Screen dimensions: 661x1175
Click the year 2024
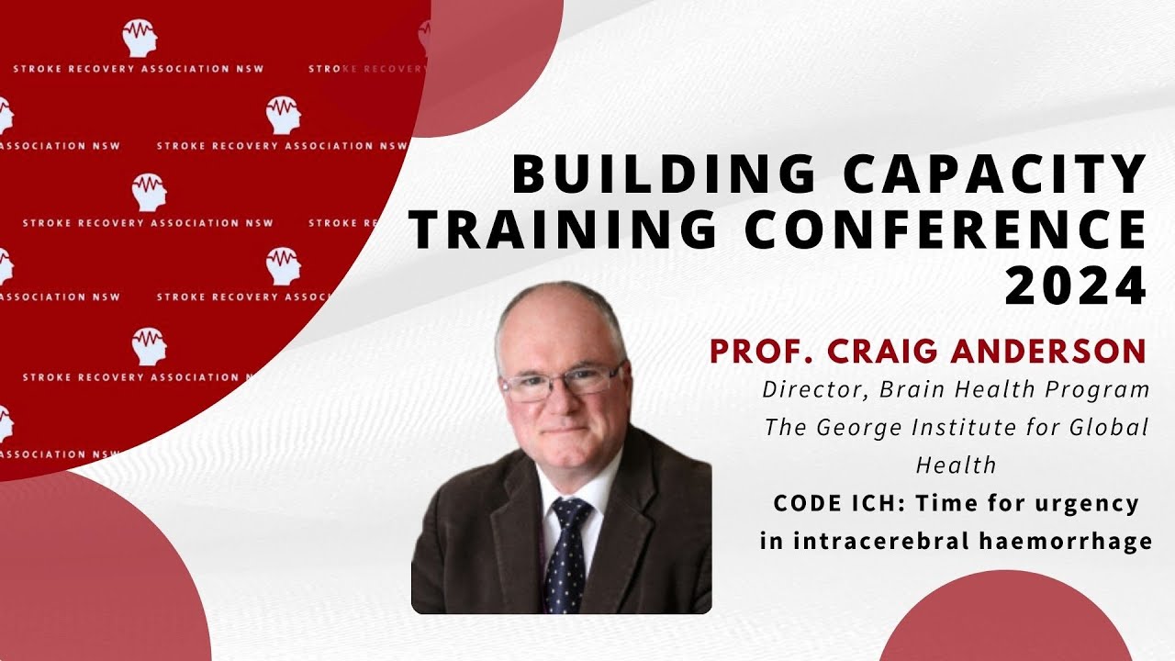tap(1076, 286)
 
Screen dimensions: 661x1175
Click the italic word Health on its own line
tap(956, 465)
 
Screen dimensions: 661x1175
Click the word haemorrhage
tap(1065, 541)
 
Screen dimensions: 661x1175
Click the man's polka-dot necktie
tap(565, 555)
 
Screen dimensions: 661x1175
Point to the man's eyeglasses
tap(561, 382)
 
